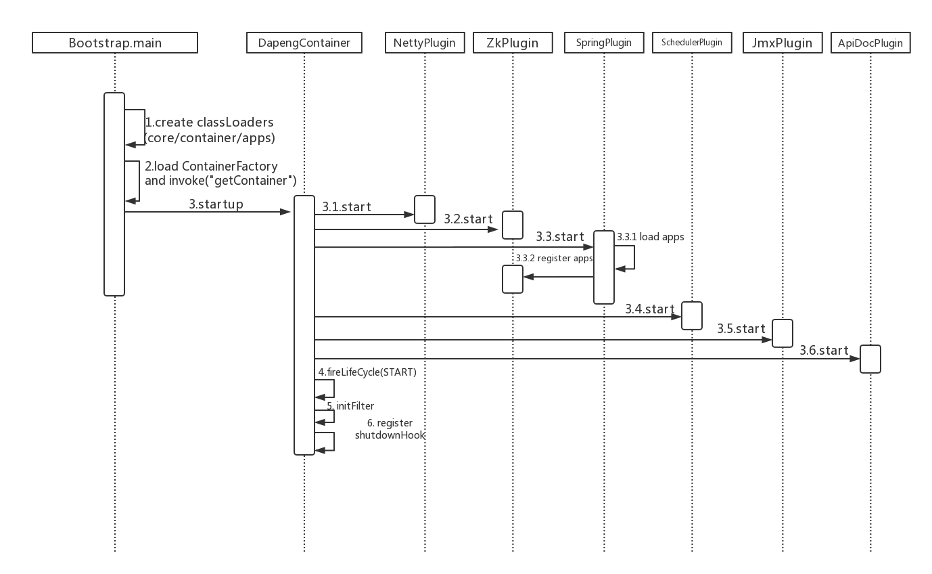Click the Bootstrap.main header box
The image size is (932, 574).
(115, 43)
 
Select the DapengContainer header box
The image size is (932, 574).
(304, 43)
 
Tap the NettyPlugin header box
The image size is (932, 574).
(425, 43)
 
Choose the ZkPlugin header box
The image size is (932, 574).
(513, 43)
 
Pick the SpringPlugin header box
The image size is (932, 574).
(604, 43)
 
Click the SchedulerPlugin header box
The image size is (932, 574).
(692, 43)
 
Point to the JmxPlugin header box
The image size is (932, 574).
(782, 43)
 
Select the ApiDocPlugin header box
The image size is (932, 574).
(870, 43)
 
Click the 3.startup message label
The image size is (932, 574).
(216, 204)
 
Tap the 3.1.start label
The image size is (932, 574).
(346, 207)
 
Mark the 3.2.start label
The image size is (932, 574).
(468, 219)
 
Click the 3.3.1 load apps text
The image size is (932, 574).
(650, 237)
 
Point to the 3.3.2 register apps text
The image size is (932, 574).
(554, 259)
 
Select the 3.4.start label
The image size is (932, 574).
(650, 309)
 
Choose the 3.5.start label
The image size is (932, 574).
(741, 329)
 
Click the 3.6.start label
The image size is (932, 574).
(824, 351)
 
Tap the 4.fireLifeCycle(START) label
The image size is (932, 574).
(367, 372)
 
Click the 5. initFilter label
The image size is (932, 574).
(350, 406)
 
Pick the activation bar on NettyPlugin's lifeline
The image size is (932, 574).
(425, 209)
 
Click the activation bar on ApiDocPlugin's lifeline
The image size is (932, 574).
(870, 359)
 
